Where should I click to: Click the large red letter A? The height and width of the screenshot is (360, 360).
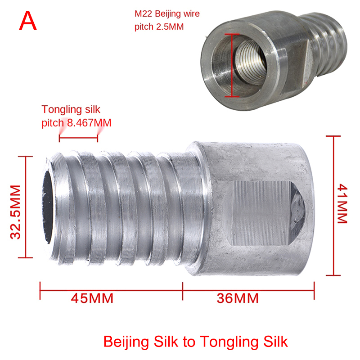(28, 21)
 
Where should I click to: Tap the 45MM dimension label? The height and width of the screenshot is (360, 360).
(92, 298)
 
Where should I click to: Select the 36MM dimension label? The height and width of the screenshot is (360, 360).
(238, 298)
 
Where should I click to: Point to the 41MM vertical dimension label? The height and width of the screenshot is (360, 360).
(342, 203)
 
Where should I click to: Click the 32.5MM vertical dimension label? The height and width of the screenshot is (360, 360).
(16, 212)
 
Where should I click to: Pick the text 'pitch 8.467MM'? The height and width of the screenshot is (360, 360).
(76, 122)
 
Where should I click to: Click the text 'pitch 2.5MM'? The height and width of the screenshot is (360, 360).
(159, 27)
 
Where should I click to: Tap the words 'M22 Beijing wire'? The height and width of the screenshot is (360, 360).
(167, 14)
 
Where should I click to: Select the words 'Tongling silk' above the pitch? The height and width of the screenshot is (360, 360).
(71, 109)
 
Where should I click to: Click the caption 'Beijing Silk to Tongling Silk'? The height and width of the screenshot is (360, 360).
(195, 342)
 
